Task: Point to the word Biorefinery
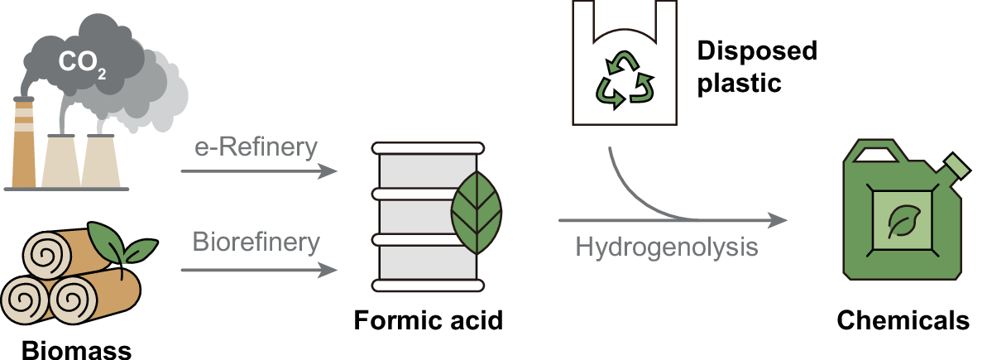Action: pyautogui.click(x=256, y=244)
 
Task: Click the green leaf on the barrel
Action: pyautogui.click(x=477, y=213)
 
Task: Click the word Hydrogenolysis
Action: pyautogui.click(x=667, y=247)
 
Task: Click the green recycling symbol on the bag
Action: pyautogui.click(x=627, y=79)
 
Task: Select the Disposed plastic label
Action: pyautogui.click(x=755, y=67)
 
